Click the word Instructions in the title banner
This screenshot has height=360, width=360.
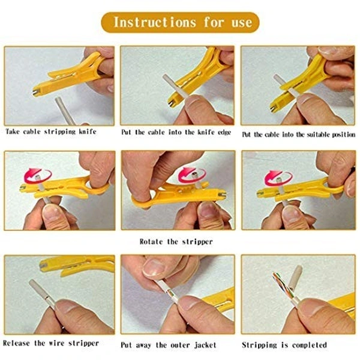(x=155, y=23)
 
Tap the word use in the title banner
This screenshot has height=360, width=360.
(x=242, y=23)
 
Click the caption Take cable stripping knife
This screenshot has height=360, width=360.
(x=51, y=132)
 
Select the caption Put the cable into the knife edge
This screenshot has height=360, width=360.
(x=176, y=132)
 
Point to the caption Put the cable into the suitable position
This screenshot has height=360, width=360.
(x=299, y=134)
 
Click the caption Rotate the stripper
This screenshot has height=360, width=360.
(x=176, y=242)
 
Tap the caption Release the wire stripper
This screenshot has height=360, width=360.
(x=51, y=343)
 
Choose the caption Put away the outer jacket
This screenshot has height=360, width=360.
(x=169, y=345)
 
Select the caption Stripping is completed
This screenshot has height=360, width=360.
(x=284, y=345)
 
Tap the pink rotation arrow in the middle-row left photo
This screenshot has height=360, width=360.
(x=38, y=176)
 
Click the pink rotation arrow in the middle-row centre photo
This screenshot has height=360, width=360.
(x=192, y=175)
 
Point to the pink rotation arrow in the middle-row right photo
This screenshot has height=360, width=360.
(x=278, y=178)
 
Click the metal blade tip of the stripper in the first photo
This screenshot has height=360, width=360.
(x=36, y=93)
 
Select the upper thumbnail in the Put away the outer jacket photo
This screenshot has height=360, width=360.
(x=154, y=268)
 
